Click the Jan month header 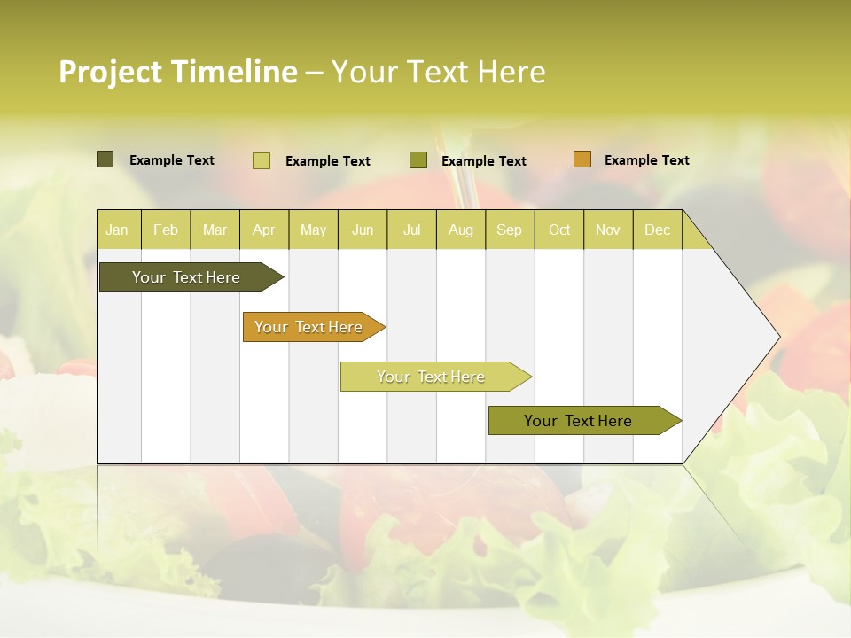pyautogui.click(x=118, y=230)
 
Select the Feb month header pyautogui.click(x=166, y=230)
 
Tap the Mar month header pyautogui.click(x=215, y=230)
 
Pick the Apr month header pyautogui.click(x=263, y=230)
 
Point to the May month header pyautogui.click(x=313, y=230)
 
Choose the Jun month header pyautogui.click(x=363, y=230)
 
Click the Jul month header pyautogui.click(x=411, y=230)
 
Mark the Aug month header pyautogui.click(x=461, y=230)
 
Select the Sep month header pyautogui.click(x=510, y=230)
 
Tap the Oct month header pyautogui.click(x=559, y=230)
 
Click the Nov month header pyautogui.click(x=608, y=230)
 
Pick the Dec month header pyautogui.click(x=658, y=230)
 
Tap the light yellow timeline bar pyautogui.click(x=432, y=377)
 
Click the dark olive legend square pyautogui.click(x=105, y=159)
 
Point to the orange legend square pyautogui.click(x=582, y=159)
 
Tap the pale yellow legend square pyautogui.click(x=262, y=160)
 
